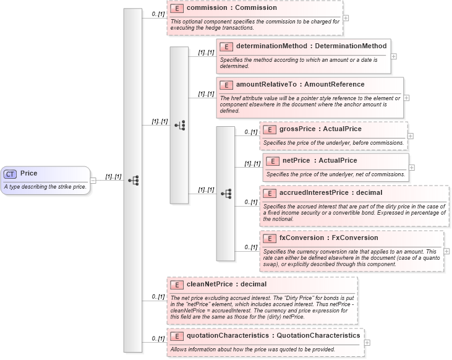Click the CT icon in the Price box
11,174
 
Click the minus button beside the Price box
93,180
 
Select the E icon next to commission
177,9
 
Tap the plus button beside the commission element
346,17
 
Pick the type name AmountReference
338,85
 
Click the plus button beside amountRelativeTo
406,97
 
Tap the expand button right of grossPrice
411,135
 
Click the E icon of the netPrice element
272,161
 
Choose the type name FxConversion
355,238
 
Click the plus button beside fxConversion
446,251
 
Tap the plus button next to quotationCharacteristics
367,342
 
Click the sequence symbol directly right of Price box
133,180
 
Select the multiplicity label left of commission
160,13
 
